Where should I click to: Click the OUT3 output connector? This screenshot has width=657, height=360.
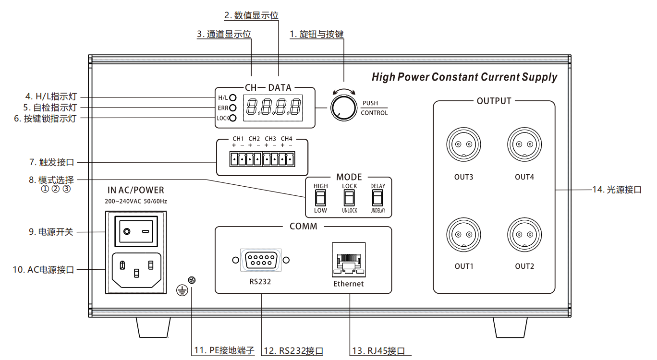[x=463, y=145]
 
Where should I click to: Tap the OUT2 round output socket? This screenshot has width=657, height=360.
[x=524, y=235]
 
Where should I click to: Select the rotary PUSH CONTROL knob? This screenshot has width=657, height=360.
[x=343, y=108]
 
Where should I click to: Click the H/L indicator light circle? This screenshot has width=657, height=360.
[x=233, y=97]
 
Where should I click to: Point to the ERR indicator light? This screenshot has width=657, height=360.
[x=233, y=108]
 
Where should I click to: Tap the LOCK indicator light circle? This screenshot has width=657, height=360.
[x=233, y=118]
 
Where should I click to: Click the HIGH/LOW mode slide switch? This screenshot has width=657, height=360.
[x=320, y=197]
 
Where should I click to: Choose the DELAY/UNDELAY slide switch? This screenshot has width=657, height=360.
[x=377, y=197]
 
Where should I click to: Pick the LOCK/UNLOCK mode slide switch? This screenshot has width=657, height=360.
[x=349, y=197]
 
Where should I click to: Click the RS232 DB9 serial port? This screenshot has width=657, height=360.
[x=261, y=260]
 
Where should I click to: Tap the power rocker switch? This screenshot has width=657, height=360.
[x=136, y=231]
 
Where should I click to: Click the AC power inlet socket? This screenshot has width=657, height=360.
[x=136, y=270]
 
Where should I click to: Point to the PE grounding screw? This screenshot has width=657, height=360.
[x=192, y=280]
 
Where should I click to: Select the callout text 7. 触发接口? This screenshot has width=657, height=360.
[x=52, y=162]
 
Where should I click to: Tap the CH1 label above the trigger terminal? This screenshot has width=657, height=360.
[x=238, y=139]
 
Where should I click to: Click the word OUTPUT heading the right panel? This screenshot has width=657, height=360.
[x=494, y=101]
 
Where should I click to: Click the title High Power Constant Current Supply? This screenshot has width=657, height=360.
[x=464, y=77]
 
